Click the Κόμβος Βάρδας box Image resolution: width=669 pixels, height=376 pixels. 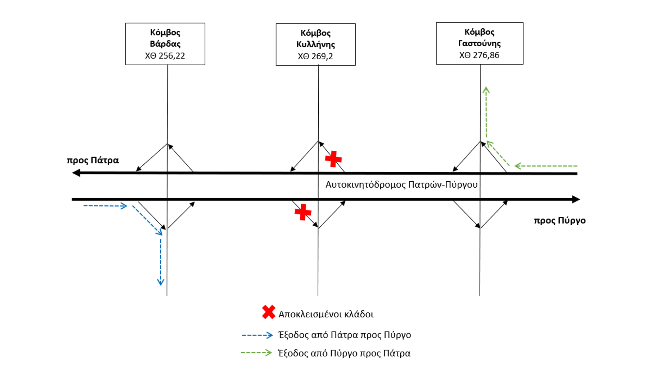[x=165, y=44]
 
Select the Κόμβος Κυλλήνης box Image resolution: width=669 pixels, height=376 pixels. [x=315, y=44]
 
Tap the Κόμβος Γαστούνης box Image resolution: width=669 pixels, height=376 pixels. [x=479, y=43]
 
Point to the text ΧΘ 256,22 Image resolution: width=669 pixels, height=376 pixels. [x=165, y=56]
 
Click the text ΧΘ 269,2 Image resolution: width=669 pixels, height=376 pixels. [x=315, y=56]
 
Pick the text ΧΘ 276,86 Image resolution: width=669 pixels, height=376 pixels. [x=479, y=55]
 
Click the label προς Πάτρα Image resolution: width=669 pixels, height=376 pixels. [x=93, y=160]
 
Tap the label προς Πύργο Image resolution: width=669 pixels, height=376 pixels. [x=560, y=220]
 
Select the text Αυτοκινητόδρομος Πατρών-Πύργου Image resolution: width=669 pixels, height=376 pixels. [x=401, y=185]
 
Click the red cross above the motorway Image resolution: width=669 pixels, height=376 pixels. [x=333, y=159]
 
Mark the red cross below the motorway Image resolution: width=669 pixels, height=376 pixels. [x=303, y=212]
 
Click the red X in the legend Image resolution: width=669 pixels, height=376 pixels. [x=269, y=312]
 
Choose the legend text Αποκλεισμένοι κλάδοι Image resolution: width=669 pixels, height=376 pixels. [x=326, y=314]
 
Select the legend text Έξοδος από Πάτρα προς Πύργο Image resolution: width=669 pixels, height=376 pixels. [x=344, y=335]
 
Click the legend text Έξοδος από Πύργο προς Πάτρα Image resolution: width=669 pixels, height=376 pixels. [x=344, y=353]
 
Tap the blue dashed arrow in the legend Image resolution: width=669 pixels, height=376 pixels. [x=257, y=335]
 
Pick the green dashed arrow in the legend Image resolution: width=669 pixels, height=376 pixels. [x=256, y=353]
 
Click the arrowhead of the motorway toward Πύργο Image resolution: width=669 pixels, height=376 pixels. [x=576, y=199]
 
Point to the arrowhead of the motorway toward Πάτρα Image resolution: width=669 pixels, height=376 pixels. [x=76, y=173]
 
